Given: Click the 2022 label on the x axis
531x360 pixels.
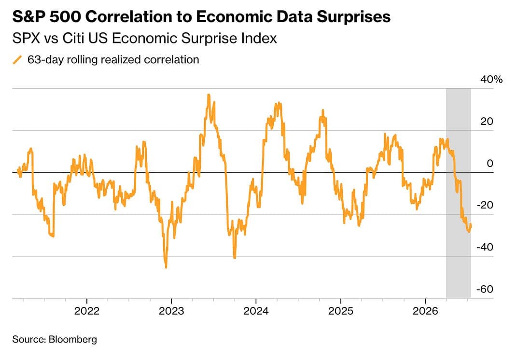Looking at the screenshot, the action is click(87, 311).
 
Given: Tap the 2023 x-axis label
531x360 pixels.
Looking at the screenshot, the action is click(171, 311).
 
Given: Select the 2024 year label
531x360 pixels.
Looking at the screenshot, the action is click(256, 311).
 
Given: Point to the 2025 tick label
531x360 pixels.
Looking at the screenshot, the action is click(341, 311).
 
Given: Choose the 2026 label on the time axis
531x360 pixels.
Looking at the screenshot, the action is click(425, 311).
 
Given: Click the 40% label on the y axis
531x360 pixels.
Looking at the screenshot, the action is click(491, 79).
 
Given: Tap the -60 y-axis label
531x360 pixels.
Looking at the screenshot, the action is click(485, 289).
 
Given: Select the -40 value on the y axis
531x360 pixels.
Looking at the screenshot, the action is click(485, 247).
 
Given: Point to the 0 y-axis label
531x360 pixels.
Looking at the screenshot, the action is click(489, 163).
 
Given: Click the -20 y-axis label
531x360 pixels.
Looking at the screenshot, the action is click(485, 205).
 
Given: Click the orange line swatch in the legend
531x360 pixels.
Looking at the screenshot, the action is click(17, 60).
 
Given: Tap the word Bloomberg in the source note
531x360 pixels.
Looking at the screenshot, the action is click(73, 339).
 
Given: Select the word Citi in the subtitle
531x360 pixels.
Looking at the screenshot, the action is click(72, 38).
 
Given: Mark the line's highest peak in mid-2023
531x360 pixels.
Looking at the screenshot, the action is click(209, 95).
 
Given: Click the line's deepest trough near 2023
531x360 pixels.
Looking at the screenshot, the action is click(166, 267).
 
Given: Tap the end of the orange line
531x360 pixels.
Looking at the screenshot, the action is click(471, 224).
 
